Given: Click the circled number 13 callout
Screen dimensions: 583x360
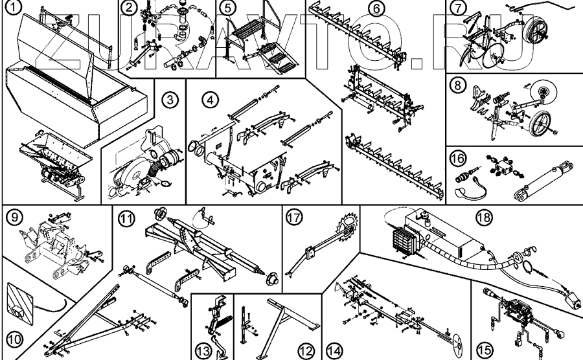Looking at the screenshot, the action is (x=203, y=350).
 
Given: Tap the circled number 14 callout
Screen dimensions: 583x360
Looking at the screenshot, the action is (x=334, y=350).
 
